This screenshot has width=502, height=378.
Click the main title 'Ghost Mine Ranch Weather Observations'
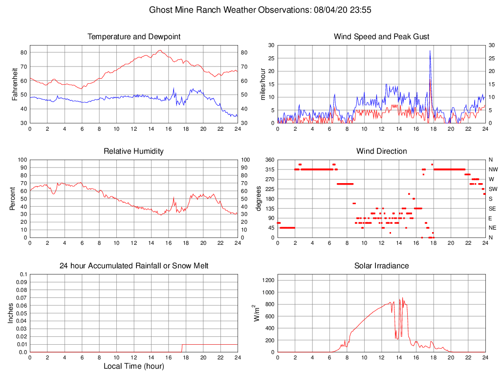(229, 10)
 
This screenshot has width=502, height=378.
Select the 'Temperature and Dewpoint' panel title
(133, 37)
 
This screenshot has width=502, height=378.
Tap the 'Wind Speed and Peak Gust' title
(381, 37)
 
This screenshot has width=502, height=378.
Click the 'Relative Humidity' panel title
(133, 151)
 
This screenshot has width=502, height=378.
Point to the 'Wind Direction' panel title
(381, 151)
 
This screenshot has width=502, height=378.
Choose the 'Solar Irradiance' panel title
(381, 266)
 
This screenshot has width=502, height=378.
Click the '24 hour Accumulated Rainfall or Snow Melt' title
(133, 266)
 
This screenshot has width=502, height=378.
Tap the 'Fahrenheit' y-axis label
(15, 84)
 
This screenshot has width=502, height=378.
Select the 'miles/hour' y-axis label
(262, 84)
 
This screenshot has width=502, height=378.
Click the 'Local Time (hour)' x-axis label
(133, 366)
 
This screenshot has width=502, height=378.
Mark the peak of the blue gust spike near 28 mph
(430, 51)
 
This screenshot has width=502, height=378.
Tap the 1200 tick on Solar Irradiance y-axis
(269, 281)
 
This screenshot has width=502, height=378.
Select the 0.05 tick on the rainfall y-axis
(22, 313)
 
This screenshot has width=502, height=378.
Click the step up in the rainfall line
(182, 345)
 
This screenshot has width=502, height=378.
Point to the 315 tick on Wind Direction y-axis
(269, 169)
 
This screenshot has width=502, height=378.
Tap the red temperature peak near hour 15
(160, 50)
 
